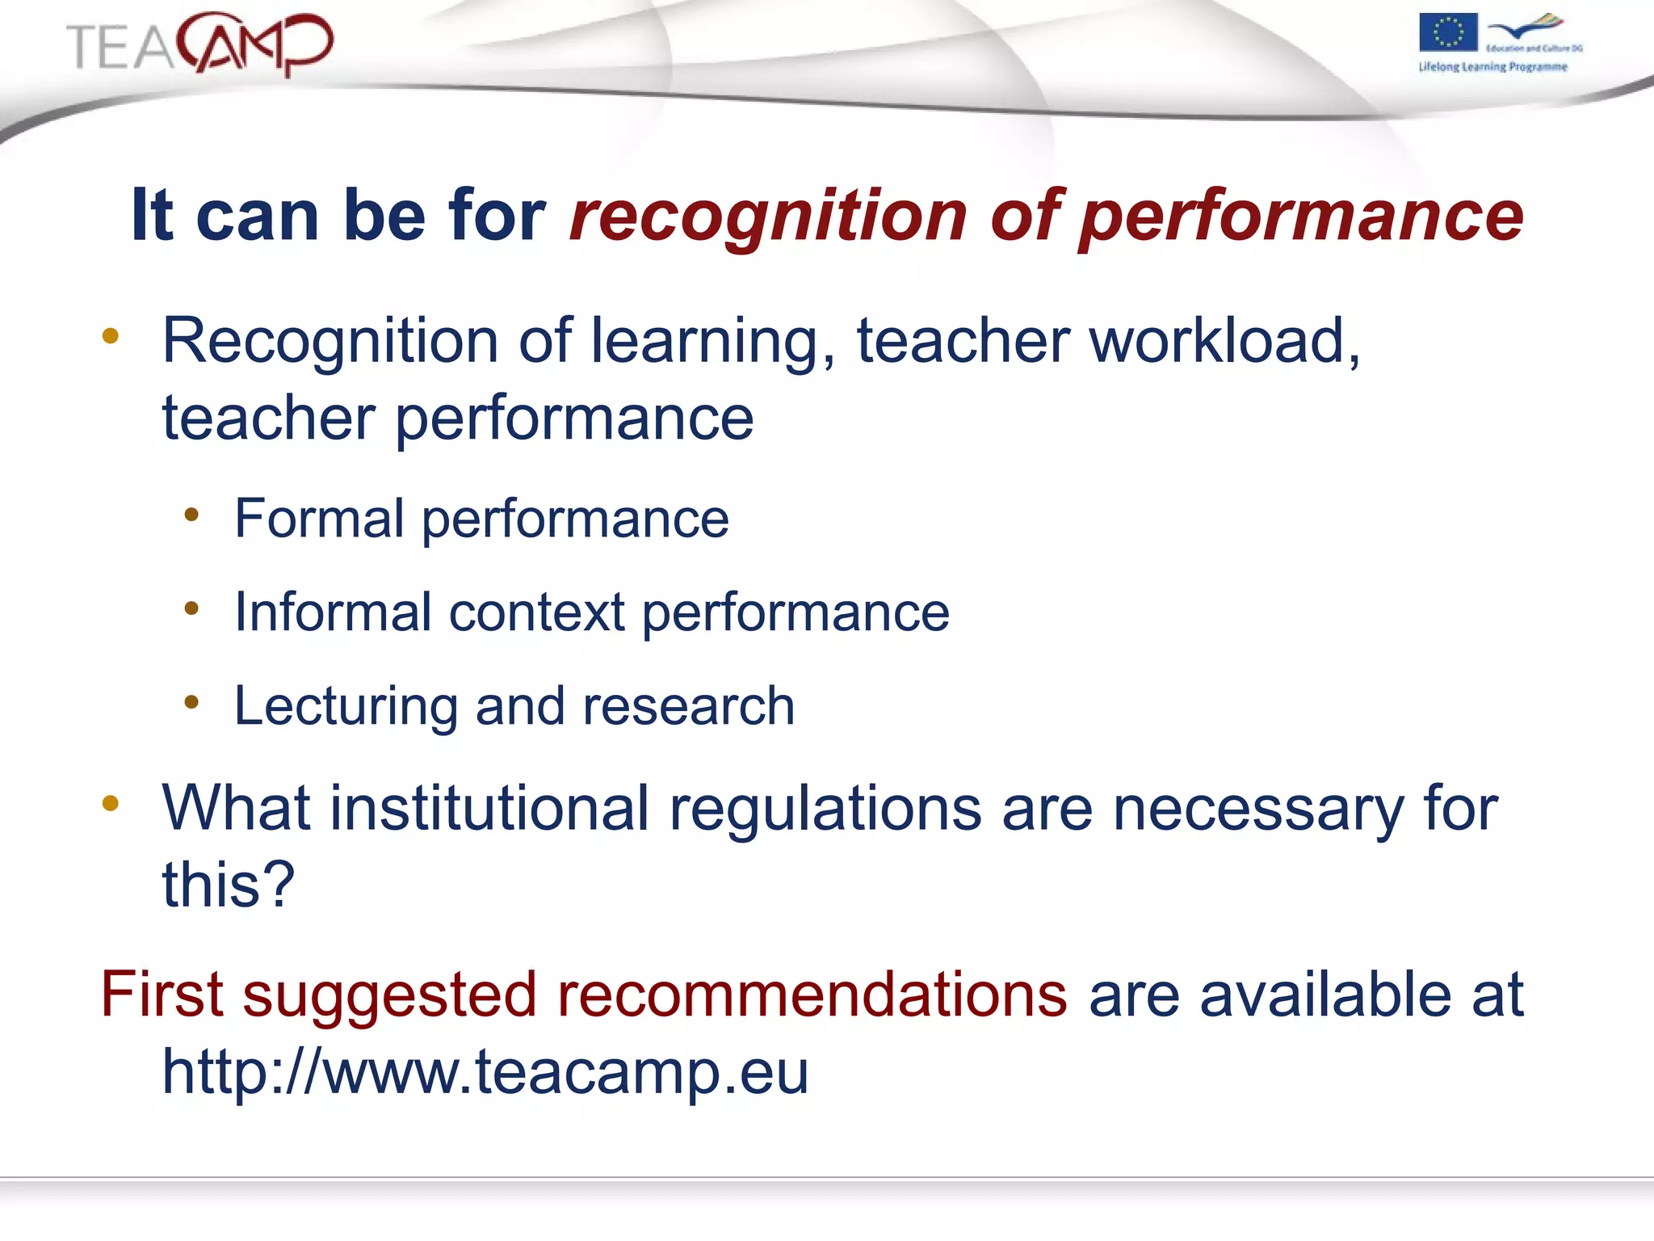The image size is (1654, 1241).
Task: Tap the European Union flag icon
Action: coord(1448,33)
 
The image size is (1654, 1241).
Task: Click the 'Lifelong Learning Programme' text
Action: coord(1492,67)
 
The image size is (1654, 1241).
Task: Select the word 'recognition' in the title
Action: coord(768,216)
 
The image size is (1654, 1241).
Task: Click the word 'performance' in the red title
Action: coord(1300,216)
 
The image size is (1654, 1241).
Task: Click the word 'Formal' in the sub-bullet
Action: coord(319,519)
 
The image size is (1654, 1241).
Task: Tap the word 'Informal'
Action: coord(332,612)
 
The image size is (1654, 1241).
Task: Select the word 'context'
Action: coord(536,612)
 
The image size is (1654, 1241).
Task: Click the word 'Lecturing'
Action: coord(345,706)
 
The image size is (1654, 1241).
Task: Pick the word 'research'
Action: coord(688,706)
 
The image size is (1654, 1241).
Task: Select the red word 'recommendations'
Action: coord(812,995)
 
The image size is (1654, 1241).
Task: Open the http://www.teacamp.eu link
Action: coord(485,1072)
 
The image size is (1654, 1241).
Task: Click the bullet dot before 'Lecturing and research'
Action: coord(191,702)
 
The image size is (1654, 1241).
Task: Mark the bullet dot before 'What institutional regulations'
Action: coord(111,803)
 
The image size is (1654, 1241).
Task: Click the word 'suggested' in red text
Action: coord(390,995)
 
